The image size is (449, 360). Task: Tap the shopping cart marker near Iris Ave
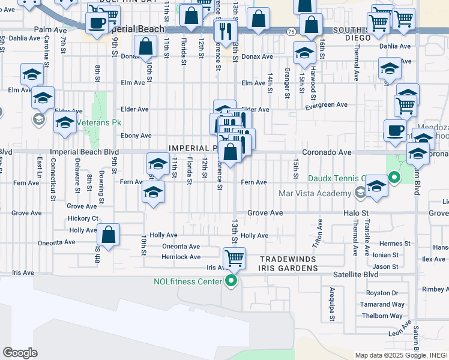(234, 259)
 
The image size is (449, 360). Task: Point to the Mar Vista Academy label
(315, 193)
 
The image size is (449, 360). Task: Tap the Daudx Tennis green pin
(394, 178)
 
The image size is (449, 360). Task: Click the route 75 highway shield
(290, 31)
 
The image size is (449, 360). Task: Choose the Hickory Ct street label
(83, 218)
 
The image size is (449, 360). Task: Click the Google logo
(20, 352)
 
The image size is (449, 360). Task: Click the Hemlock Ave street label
(181, 257)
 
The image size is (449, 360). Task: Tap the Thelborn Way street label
(385, 316)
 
